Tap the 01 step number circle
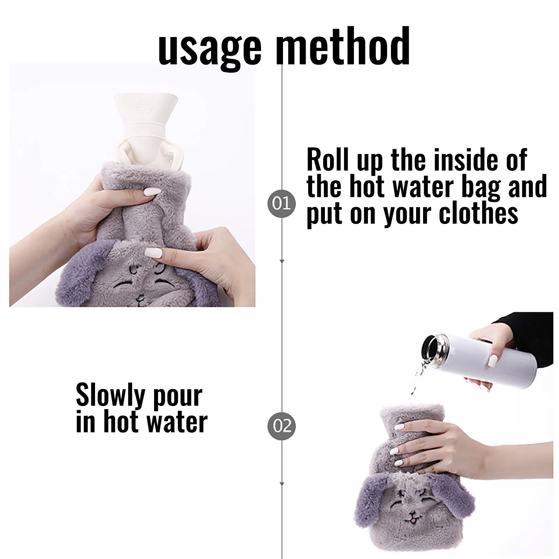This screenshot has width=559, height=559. click(x=281, y=204)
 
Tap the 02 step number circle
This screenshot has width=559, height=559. click(x=281, y=426)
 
